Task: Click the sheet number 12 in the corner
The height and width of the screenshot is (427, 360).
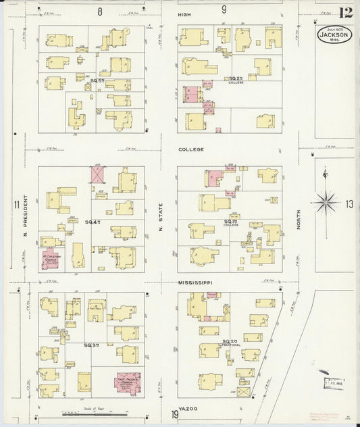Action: tap(346, 13)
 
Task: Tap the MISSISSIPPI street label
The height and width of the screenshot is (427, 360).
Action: tap(195, 282)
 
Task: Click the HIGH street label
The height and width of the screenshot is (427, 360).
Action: tap(184, 14)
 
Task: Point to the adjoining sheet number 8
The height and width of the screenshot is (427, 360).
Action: tap(99, 11)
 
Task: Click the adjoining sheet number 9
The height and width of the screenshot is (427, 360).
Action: tap(224, 9)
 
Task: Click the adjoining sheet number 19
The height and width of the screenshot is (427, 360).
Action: tap(175, 414)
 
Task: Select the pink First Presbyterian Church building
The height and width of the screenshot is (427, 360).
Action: tap(128, 384)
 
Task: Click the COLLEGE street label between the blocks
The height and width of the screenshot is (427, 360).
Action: tap(190, 149)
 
